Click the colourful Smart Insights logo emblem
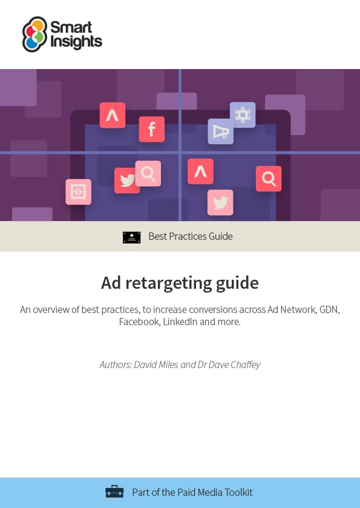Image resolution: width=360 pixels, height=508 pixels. [34, 34]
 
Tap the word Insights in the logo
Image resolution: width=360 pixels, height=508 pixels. [76, 42]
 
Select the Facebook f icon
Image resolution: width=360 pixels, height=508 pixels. [151, 129]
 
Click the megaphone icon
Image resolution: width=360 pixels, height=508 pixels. [220, 131]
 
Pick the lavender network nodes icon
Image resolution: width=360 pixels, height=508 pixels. [243, 114]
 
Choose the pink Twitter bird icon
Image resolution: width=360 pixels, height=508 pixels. [220, 202]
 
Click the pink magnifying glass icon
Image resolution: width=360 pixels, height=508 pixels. [148, 173]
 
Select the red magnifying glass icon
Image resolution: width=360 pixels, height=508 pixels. [269, 179]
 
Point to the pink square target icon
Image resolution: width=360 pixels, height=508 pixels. [78, 192]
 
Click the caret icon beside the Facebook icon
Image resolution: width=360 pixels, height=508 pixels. [113, 115]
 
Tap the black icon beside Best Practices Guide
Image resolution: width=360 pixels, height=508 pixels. [132, 237]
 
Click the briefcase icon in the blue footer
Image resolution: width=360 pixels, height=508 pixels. [114, 492]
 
